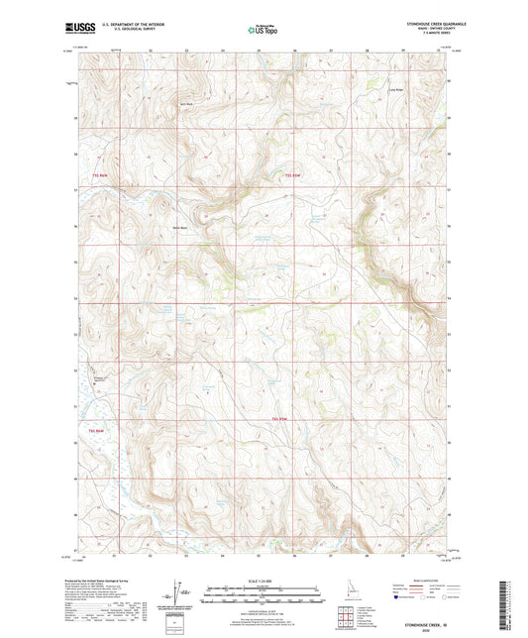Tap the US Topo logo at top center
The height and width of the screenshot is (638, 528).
pos(264,30)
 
